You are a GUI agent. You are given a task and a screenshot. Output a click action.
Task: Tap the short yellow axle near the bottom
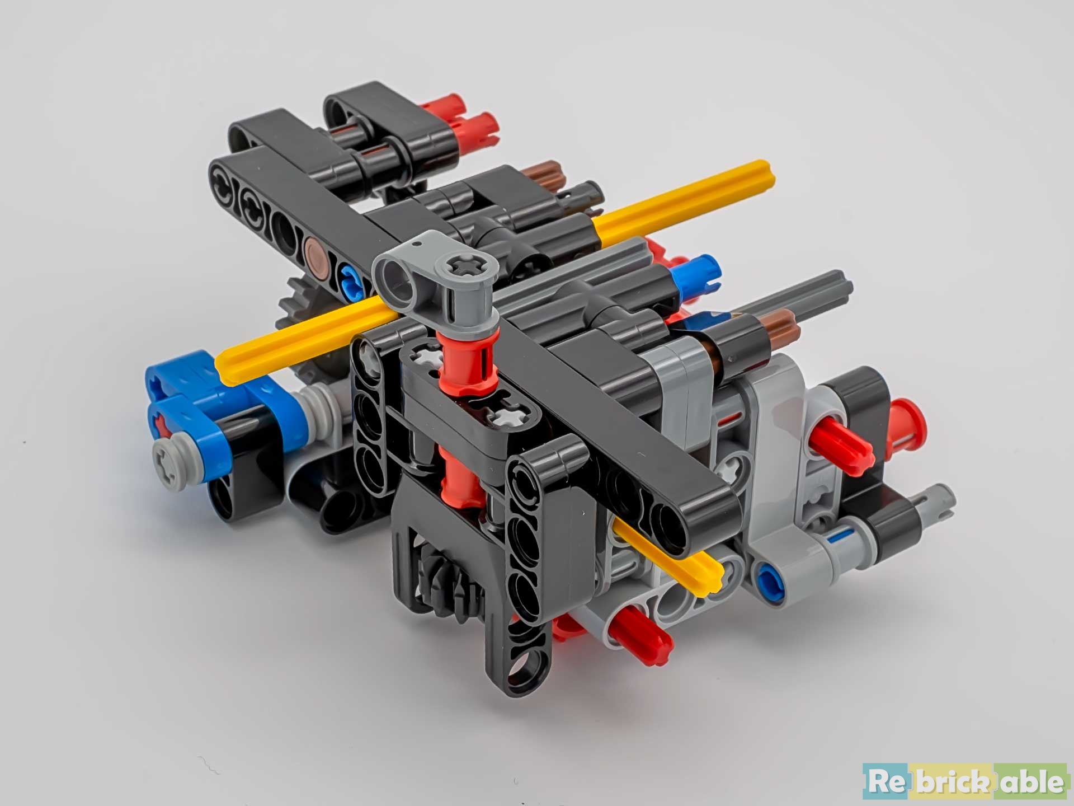point(668,550)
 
